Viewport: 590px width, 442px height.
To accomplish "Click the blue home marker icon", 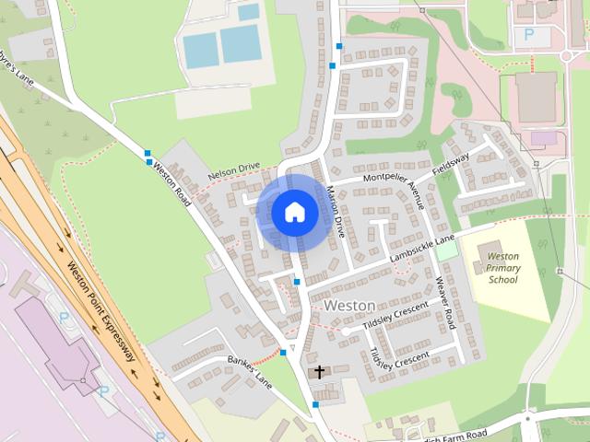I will coord(295,212).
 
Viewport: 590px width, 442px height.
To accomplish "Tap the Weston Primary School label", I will coord(503,267).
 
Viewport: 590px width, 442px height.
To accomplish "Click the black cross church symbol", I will coord(320,373).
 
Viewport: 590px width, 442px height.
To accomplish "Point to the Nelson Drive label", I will coord(234,169).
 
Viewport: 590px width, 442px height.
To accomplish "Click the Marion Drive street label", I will coord(335,212).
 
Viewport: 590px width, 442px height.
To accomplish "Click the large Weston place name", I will coord(349,305).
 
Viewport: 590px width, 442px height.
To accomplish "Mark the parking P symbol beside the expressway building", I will coord(64,317).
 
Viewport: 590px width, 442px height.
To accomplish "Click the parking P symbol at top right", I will coord(529,34).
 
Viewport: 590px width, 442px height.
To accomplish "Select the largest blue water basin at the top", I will coord(240,43).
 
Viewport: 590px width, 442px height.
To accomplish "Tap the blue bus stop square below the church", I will coord(315,404).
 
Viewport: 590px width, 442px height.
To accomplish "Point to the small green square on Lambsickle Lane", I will coord(447,250).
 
